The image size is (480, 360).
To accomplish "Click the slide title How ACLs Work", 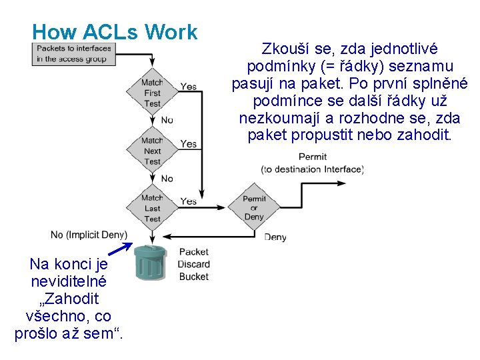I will coord(115,31).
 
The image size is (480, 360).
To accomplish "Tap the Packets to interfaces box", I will coord(73,53).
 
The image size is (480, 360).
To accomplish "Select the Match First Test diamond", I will coord(153,93).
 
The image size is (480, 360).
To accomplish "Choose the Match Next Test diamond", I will coord(153,151).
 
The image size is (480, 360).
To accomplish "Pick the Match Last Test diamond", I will coord(153,208).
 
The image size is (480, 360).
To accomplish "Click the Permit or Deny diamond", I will coord(254,208).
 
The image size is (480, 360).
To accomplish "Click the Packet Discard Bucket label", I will coord(193,264).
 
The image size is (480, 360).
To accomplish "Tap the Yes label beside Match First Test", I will coord(189,87).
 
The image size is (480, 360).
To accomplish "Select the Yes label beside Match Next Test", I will coord(189,144).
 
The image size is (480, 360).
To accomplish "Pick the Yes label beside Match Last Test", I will coord(189,201).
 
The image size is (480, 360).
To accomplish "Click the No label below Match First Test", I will coord(167,120).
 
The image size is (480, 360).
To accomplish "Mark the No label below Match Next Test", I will coord(167,178).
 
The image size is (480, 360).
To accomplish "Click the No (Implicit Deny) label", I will coord(89,235).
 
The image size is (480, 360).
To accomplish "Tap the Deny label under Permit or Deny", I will coord(275,237).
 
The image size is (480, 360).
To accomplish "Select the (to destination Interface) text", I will coord(312,169).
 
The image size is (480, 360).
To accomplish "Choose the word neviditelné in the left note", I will coord(68,281).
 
